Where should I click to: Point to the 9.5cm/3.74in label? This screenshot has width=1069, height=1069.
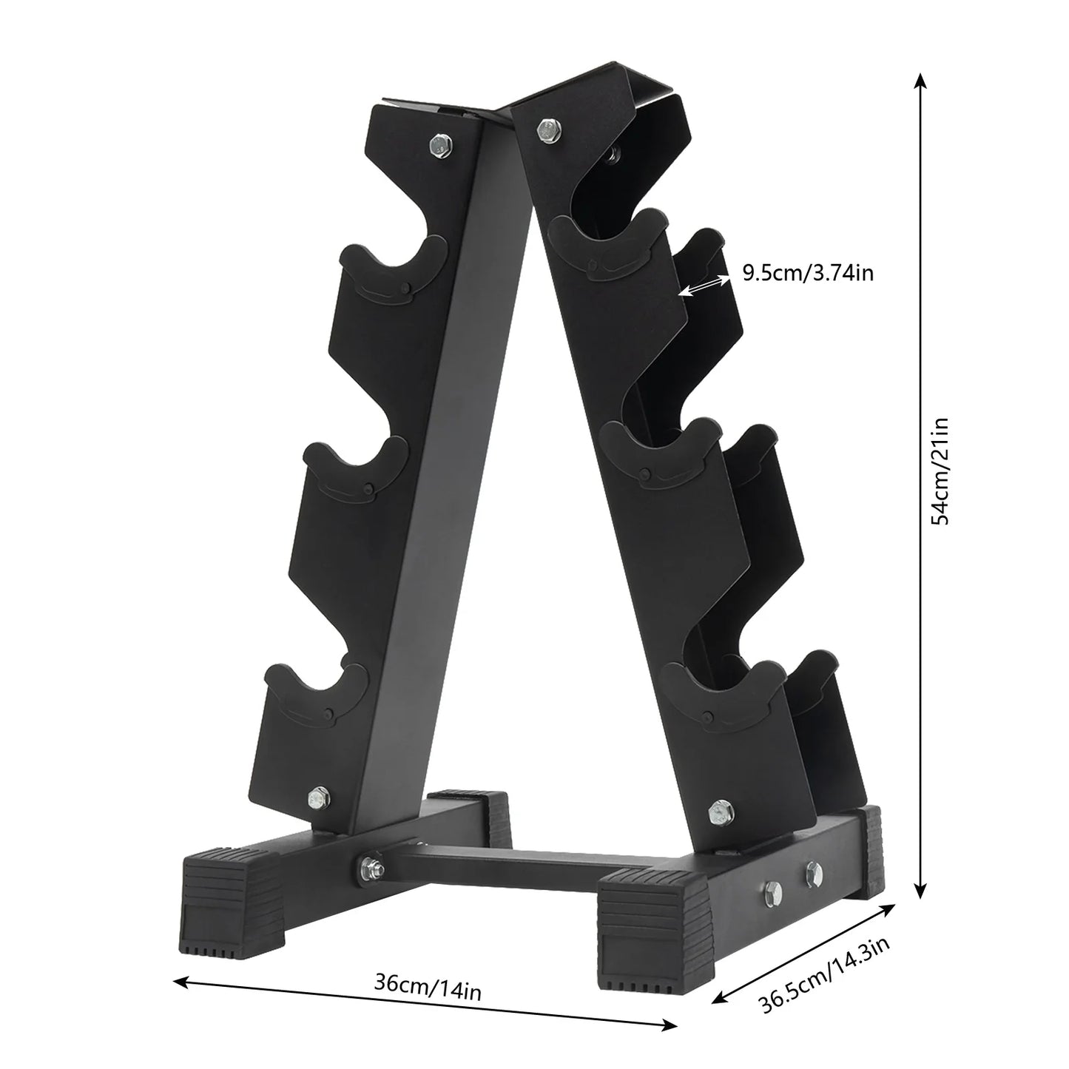click(808, 274)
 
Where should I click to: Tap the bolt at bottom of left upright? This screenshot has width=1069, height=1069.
click(317, 796)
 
